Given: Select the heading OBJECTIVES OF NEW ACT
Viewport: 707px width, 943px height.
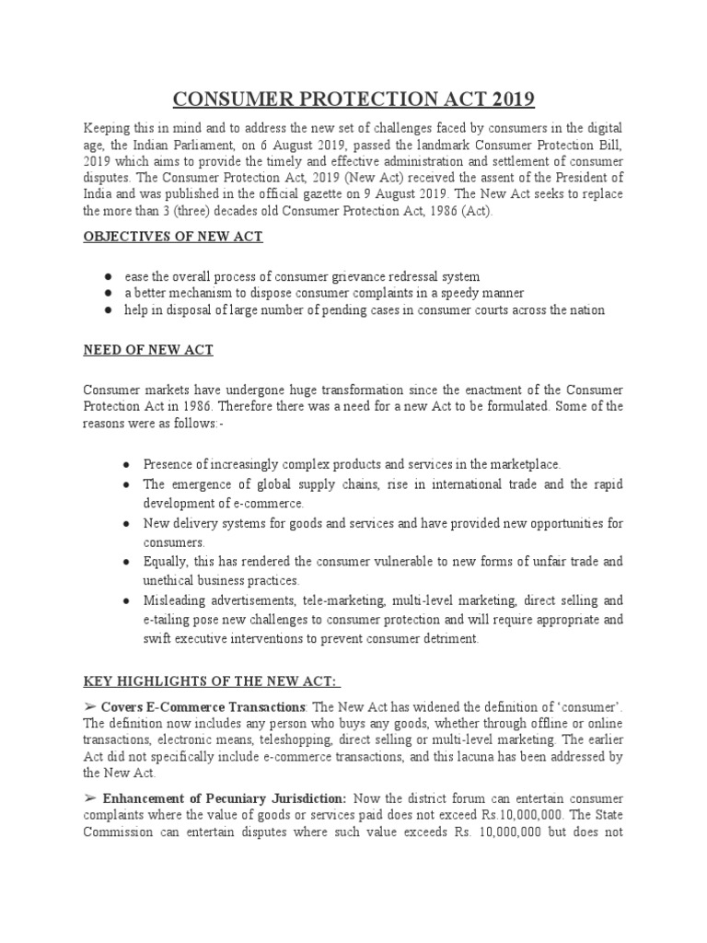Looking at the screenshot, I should point(173,237).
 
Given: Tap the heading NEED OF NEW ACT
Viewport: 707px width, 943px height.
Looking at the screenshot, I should point(150,351).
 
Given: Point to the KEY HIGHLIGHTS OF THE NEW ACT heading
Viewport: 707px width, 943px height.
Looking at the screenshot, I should point(213,681).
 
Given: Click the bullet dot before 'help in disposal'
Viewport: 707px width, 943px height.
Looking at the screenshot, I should point(109,310).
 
